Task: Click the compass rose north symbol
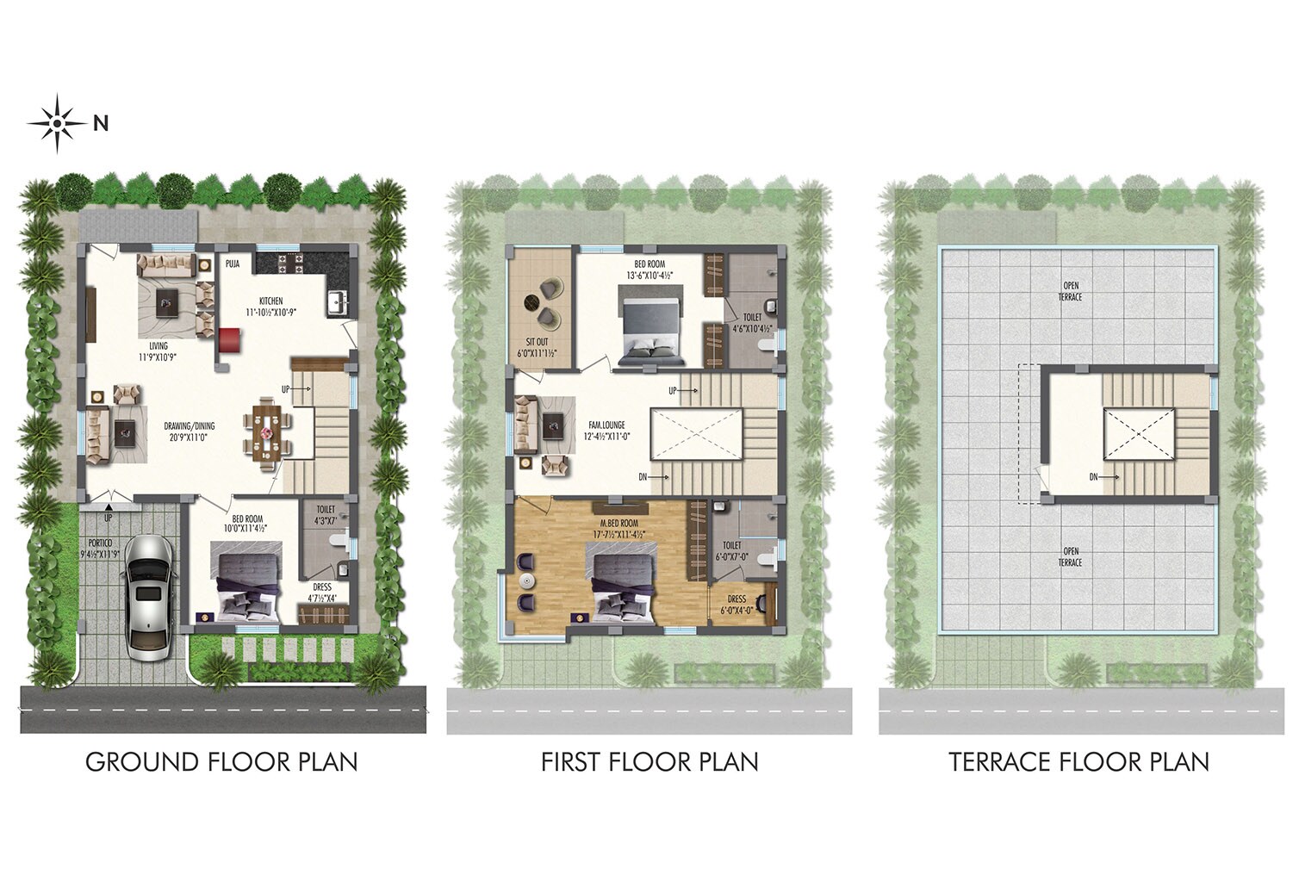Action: click(58, 123)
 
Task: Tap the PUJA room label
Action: click(233, 264)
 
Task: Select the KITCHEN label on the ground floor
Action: click(264, 301)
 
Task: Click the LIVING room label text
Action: click(158, 346)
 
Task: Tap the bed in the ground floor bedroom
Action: click(247, 586)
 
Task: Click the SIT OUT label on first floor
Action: click(537, 342)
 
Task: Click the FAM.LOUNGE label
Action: click(606, 425)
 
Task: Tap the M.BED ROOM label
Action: click(619, 523)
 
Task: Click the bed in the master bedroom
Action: click(622, 587)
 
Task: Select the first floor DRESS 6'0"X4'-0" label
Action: click(737, 605)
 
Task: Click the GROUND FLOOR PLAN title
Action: click(221, 762)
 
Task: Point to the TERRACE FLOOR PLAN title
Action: click(1078, 762)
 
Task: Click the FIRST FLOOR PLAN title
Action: click(649, 762)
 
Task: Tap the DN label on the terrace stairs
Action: click(1093, 476)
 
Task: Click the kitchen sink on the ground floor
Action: click(337, 302)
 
